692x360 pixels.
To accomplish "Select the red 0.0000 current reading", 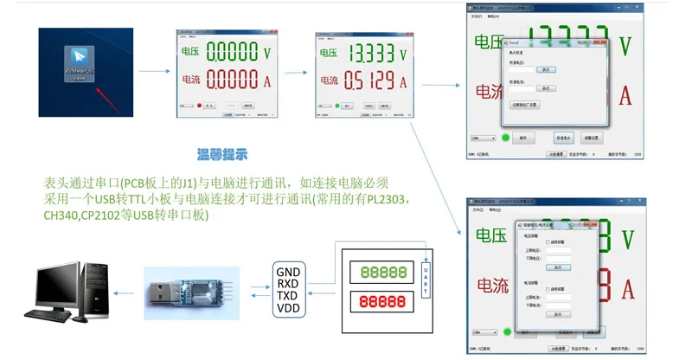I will coord(231,80).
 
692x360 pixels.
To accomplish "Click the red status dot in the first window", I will coord(198,106).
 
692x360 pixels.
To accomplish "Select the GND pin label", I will coord(289,270).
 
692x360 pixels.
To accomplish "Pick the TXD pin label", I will coord(289,294).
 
